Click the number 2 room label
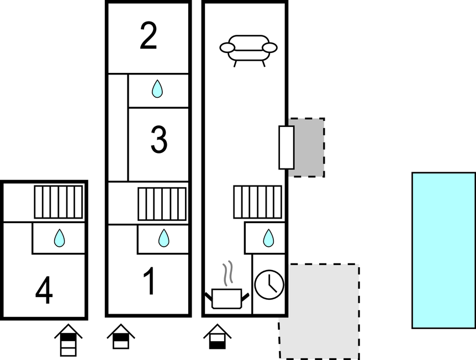pos(149,36)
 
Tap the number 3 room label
pos(159,140)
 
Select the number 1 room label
pos(149,281)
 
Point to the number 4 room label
pos(44,290)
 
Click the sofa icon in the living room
pos(248,51)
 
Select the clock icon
pos(269,285)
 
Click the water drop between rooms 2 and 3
pos(157,89)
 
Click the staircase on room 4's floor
pos(59,202)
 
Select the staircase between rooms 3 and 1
pos(162,204)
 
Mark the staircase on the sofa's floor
pos(258,202)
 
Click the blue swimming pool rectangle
pos(444,251)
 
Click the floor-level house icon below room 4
pos(68,340)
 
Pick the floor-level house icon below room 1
pos(121,336)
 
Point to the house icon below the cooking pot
pos(218,336)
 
